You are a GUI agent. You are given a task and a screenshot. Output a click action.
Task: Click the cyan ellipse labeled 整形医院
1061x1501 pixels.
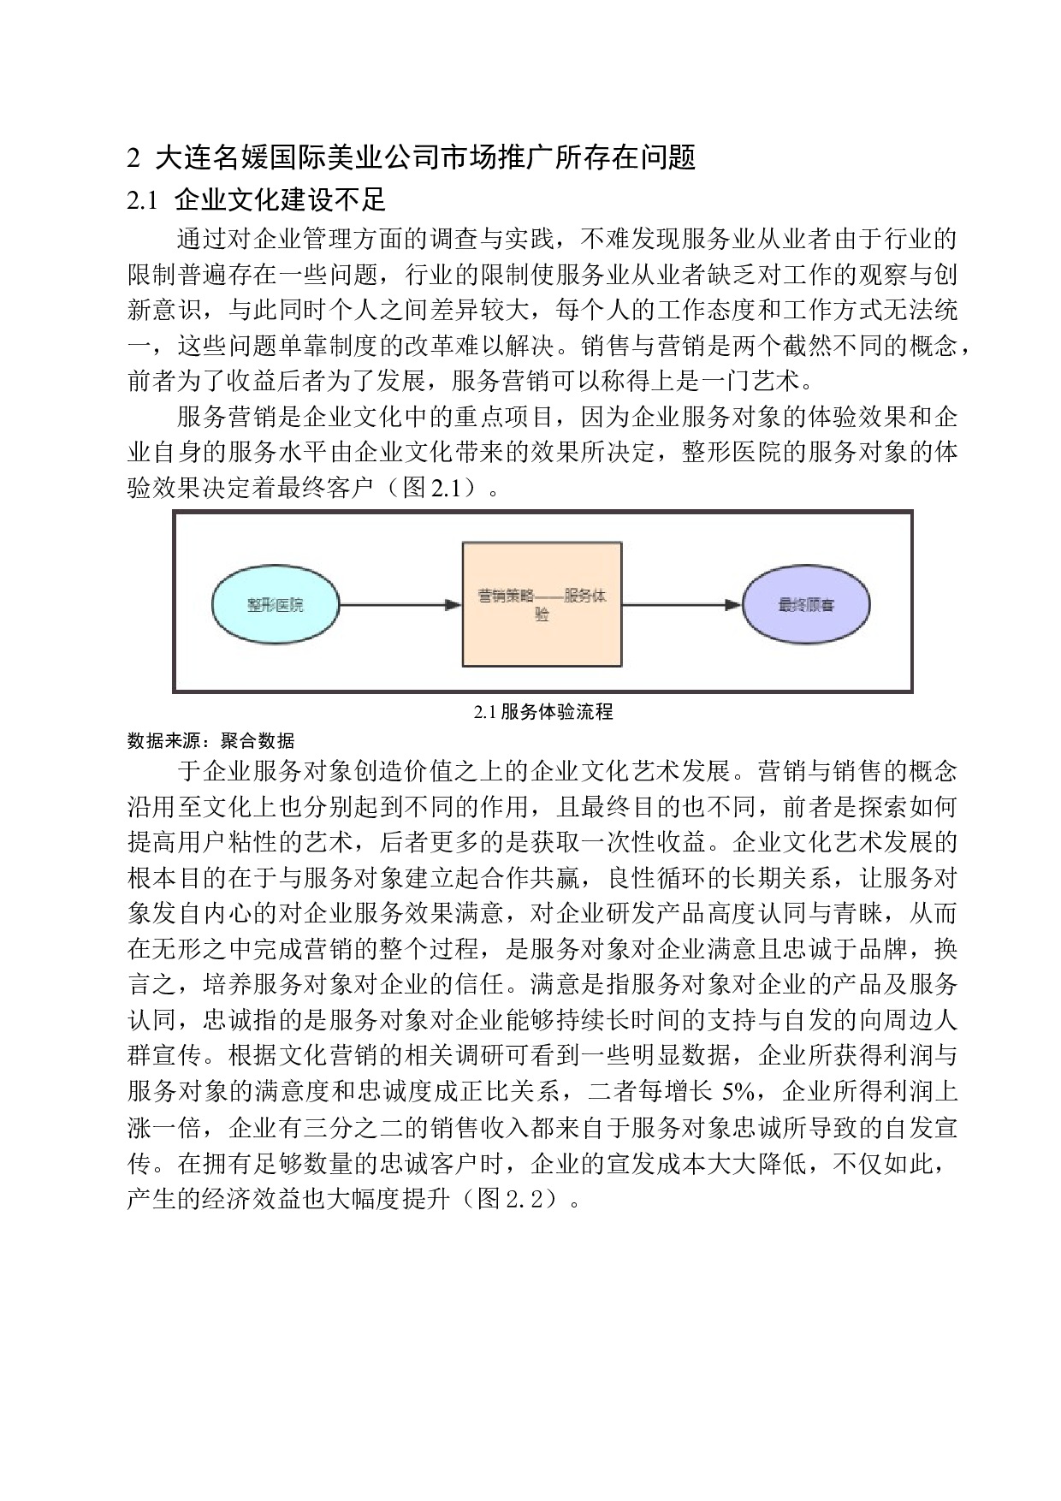click(275, 604)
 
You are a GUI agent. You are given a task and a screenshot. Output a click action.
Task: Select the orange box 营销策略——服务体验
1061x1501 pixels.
click(542, 604)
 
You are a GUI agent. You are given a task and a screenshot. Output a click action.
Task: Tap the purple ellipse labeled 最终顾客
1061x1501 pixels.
click(806, 604)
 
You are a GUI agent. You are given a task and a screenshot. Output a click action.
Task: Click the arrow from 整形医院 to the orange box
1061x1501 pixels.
click(400, 605)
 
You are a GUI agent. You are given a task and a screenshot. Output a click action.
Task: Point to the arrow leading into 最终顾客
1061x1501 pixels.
click(682, 605)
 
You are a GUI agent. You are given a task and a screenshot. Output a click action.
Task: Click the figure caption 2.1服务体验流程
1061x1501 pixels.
click(543, 712)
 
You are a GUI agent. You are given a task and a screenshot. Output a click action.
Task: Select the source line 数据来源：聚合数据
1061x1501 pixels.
click(210, 740)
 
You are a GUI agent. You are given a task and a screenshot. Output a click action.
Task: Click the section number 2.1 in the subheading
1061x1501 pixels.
click(143, 201)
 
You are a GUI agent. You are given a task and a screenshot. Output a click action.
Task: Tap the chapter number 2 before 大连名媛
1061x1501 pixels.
click(133, 158)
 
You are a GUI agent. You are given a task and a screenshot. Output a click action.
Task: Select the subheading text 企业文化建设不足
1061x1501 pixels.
click(281, 200)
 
